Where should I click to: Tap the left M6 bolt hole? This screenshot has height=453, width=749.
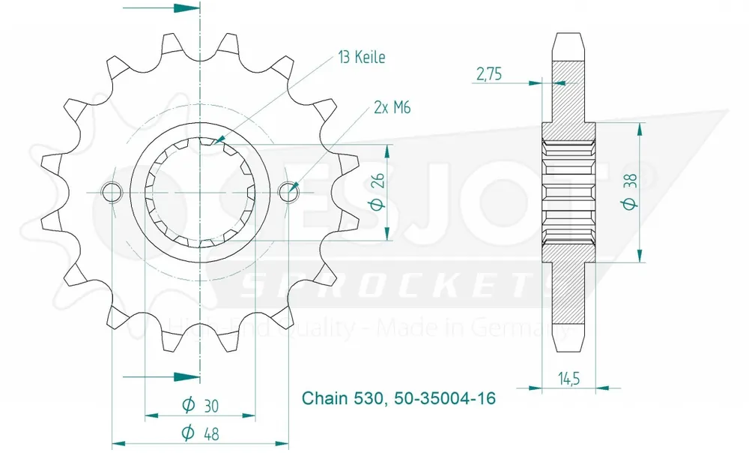click(112, 192)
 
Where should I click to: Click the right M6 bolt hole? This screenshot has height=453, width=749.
click(289, 192)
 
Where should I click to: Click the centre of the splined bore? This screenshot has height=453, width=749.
click(201, 192)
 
